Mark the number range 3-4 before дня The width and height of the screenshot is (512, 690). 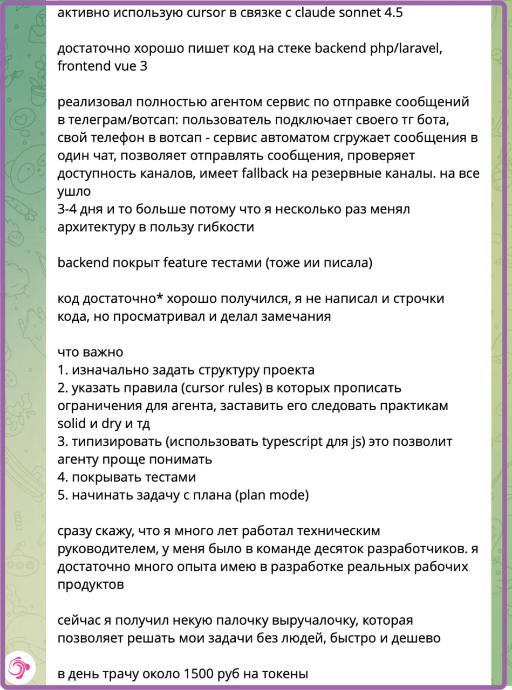click(x=69, y=210)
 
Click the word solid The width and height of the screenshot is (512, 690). click(x=71, y=424)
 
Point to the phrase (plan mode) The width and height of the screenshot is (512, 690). click(x=271, y=495)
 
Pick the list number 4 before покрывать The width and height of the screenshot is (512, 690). click(x=62, y=477)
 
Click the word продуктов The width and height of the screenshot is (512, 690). click(x=91, y=584)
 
